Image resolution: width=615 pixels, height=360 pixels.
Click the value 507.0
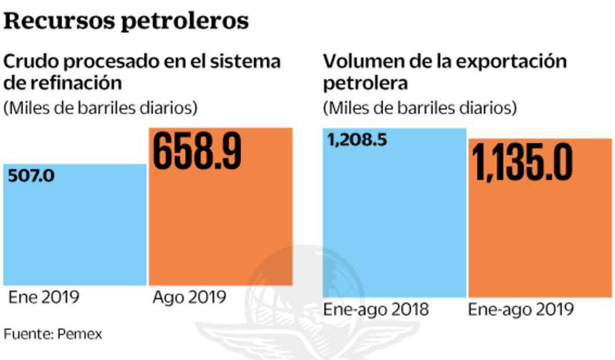[x=31, y=175]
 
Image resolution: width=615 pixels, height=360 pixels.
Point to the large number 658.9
[x=197, y=152]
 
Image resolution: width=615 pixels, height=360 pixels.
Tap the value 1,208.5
[x=357, y=140]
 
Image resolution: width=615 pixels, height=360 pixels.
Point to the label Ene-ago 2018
[x=376, y=309]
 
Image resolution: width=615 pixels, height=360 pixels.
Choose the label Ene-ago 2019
[x=521, y=309]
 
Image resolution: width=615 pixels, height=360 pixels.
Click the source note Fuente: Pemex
[x=53, y=334]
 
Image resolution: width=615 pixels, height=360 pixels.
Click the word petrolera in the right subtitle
[x=366, y=82]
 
